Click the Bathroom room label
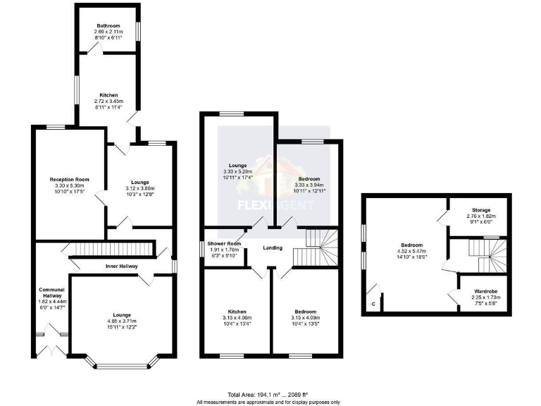pyautogui.click(x=108, y=27)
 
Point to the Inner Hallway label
pyautogui.click(x=122, y=266)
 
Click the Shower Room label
pyautogui.click(x=225, y=244)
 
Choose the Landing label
pyautogui.click(x=273, y=247)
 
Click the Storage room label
pyautogui.click(x=481, y=210)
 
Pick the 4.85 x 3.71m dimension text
pyautogui.click(x=123, y=321)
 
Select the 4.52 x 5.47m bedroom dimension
pyautogui.click(x=413, y=252)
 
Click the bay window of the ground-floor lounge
pyautogui.click(x=122, y=364)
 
